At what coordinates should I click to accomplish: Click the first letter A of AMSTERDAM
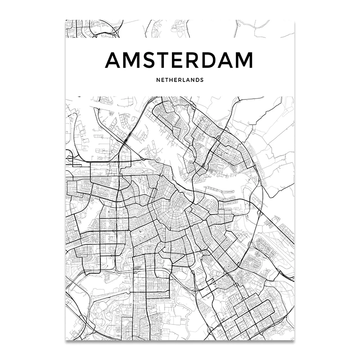pos(113,61)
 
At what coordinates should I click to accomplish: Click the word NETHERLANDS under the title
pos(180,81)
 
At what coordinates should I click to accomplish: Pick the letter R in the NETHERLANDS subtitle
pos(180,81)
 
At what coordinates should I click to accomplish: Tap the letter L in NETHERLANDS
pos(184,81)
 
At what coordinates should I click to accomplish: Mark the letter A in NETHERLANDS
pos(189,81)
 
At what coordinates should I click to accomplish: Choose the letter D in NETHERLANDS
pos(198,81)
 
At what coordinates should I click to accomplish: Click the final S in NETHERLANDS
pos(202,81)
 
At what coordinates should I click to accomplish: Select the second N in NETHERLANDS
pos(193,81)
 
